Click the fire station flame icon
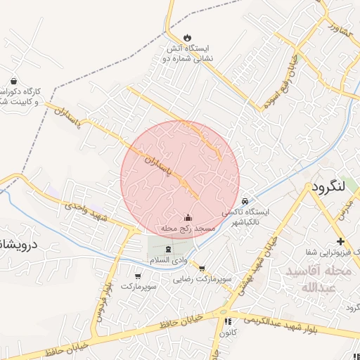click(187, 37)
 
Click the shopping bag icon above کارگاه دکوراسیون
click(13, 80)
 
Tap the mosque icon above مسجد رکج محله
click(187, 218)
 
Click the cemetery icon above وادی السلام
click(167, 250)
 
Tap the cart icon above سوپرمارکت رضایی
click(202, 268)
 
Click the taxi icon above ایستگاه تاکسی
click(244, 200)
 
